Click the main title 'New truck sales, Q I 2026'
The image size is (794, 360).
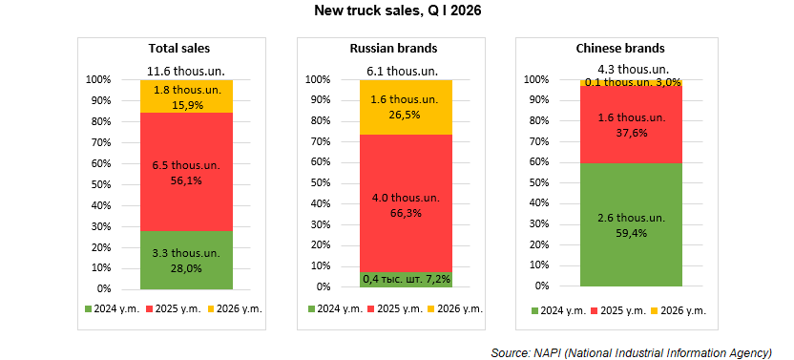[398, 11]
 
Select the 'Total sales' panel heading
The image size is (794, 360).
[179, 48]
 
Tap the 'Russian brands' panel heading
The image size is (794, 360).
[393, 48]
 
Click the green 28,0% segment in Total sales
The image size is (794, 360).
[186, 260]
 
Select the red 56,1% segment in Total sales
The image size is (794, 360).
[186, 172]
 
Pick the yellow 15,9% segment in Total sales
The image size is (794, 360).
[186, 96]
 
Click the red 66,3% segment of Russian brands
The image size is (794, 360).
[406, 203]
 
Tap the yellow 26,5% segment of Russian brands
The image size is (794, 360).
[406, 107]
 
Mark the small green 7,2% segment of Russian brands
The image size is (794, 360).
[406, 280]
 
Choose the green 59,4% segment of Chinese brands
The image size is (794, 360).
[631, 224]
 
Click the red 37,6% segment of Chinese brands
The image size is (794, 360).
[631, 124]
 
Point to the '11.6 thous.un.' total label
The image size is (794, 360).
[186, 71]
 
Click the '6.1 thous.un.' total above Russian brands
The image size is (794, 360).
[403, 71]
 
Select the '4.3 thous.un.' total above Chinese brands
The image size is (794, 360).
[634, 69]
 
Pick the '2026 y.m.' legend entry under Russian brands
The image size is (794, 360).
[454, 308]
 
